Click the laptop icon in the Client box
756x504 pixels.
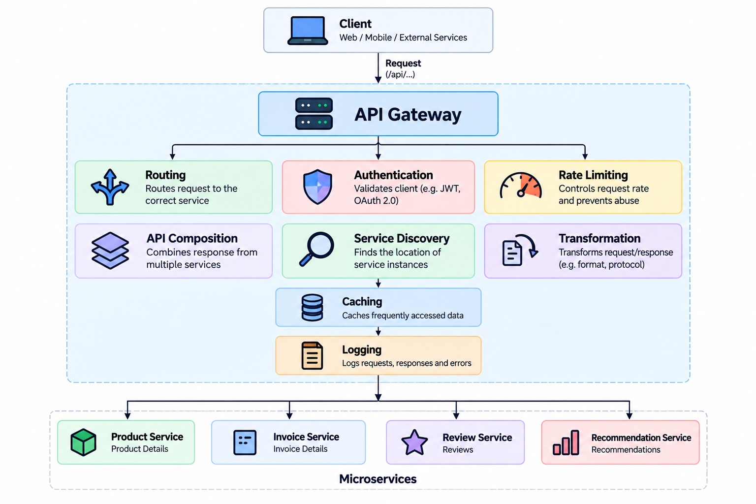[308, 31]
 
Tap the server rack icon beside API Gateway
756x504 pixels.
[314, 114]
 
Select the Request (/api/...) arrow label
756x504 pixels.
[403, 68]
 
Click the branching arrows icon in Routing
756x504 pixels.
[110, 187]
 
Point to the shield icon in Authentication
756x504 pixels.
[317, 187]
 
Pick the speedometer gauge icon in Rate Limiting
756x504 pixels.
[521, 185]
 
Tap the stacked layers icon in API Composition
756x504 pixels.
[110, 251]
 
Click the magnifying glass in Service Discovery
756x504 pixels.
[316, 249]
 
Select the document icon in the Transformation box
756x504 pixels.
[512, 253]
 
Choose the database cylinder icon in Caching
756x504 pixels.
[312, 308]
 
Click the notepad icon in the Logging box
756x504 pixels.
[312, 355]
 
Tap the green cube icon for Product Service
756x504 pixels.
[83, 442]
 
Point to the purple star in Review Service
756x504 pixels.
[414, 442]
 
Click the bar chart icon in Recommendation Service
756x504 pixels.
[566, 442]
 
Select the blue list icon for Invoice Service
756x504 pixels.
[245, 442]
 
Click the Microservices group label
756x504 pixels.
[378, 479]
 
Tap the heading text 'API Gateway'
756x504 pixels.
[408, 115]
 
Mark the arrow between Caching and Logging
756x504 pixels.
[378, 331]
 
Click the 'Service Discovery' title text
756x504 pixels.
[402, 238]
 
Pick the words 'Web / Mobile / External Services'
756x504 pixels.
[403, 37]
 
